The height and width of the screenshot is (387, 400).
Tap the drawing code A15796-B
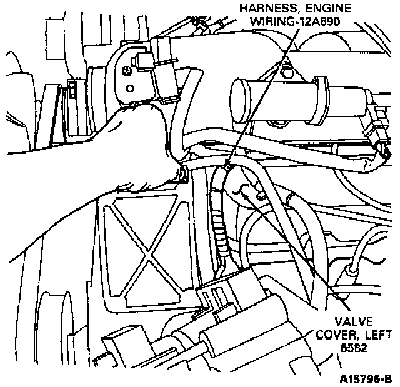point(366,378)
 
